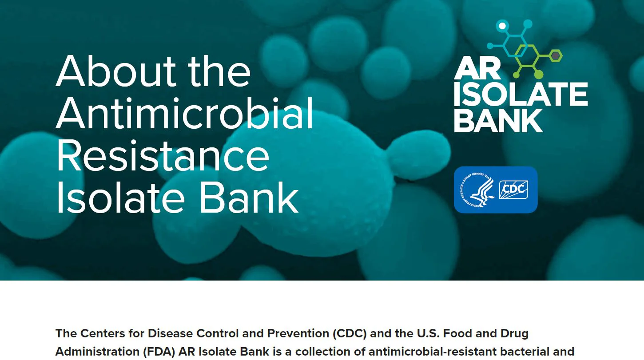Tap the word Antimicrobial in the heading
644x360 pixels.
tap(185, 113)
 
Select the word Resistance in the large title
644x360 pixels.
tap(163, 155)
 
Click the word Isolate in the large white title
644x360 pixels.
tap(121, 198)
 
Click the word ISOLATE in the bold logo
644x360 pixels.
tap(521, 94)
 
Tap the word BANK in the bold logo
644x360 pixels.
tap(498, 120)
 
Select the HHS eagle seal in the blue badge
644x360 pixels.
tap(478, 190)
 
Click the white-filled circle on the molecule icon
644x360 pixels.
tap(502, 26)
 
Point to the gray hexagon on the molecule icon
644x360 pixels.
tap(556, 55)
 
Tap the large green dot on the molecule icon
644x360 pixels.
tap(538, 75)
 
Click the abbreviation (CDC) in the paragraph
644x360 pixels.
tap(349, 333)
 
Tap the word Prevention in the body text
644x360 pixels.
tap(298, 333)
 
